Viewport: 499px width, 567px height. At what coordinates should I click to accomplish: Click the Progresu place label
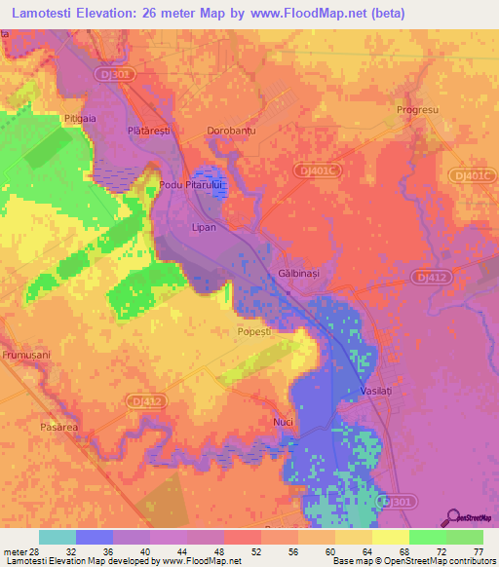click(420, 110)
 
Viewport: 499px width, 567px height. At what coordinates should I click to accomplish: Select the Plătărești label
click(148, 130)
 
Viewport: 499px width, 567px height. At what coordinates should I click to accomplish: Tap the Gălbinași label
click(299, 275)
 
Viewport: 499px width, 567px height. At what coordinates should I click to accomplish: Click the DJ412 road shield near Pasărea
click(145, 400)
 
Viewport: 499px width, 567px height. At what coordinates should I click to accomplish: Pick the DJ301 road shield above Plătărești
click(115, 74)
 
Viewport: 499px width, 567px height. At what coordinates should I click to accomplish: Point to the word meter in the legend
click(17, 552)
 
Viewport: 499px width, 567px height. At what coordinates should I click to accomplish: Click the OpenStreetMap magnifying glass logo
click(453, 516)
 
